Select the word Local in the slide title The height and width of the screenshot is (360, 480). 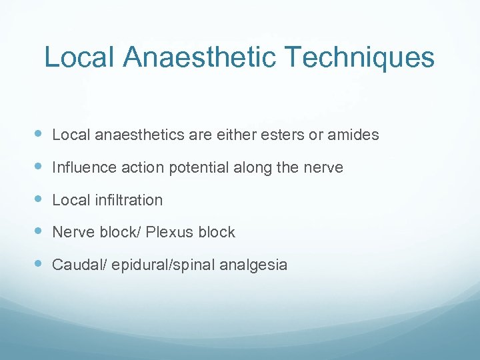tap(79, 57)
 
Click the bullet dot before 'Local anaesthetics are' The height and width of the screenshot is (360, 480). tap(37, 134)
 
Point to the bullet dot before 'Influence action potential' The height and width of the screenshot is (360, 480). tap(37, 167)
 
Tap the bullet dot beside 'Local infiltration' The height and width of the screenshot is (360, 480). tap(37, 199)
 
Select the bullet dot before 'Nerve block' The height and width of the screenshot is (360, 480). tap(37, 231)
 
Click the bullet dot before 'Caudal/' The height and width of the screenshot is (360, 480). tap(37, 264)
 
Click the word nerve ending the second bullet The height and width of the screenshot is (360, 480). tap(322, 167)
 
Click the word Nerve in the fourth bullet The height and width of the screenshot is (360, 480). tap(71, 232)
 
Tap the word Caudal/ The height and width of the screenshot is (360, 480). tap(79, 265)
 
